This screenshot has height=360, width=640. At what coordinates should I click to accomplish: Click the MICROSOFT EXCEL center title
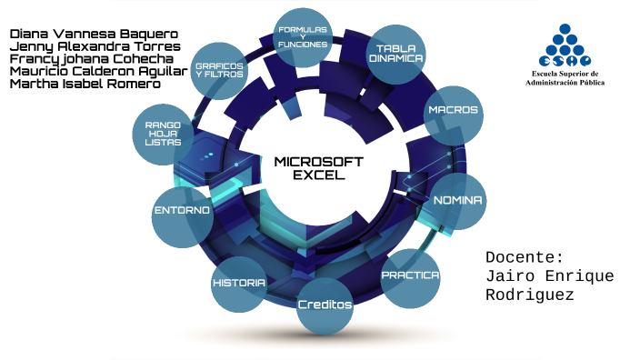[x=319, y=168]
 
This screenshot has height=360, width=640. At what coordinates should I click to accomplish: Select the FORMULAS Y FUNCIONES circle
[x=303, y=37]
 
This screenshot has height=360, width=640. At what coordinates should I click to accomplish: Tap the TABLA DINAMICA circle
[x=396, y=55]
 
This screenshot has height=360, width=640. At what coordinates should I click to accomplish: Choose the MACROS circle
[x=453, y=115]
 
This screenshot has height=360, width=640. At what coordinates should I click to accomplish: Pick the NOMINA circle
[x=457, y=201]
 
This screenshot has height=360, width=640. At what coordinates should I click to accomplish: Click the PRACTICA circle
[x=410, y=278]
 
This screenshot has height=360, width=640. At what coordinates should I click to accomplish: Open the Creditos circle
[x=325, y=306]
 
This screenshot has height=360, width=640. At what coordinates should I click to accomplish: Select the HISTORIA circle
[x=239, y=285]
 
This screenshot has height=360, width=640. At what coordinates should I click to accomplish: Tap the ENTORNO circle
[x=183, y=217]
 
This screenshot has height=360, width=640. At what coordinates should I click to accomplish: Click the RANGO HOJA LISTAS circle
[x=163, y=135]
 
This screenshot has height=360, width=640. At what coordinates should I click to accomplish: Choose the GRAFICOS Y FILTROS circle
[x=219, y=71]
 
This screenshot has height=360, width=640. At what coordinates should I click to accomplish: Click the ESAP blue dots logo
[x=565, y=45]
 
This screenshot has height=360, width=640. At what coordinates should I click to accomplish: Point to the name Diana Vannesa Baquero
[x=94, y=34]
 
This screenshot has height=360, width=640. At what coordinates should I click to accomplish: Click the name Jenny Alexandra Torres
[x=95, y=46]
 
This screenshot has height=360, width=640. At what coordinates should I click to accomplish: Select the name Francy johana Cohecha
[x=92, y=59]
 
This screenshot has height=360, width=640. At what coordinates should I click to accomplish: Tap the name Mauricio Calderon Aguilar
[x=99, y=72]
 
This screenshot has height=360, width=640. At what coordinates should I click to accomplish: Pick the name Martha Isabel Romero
[x=85, y=84]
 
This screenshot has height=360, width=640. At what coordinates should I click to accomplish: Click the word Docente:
[x=525, y=257]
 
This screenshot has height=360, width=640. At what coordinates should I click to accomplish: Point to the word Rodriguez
[x=530, y=295]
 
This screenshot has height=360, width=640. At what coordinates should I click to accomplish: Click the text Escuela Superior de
[x=565, y=74]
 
